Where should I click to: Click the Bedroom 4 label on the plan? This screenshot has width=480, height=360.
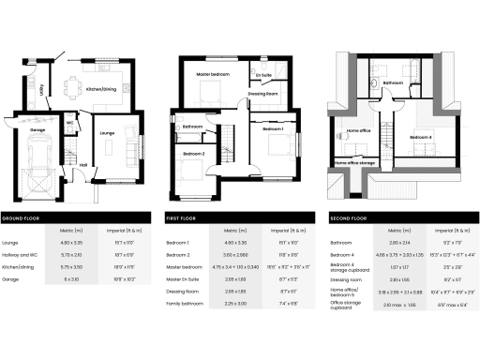pyautogui.click(x=421, y=138)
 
